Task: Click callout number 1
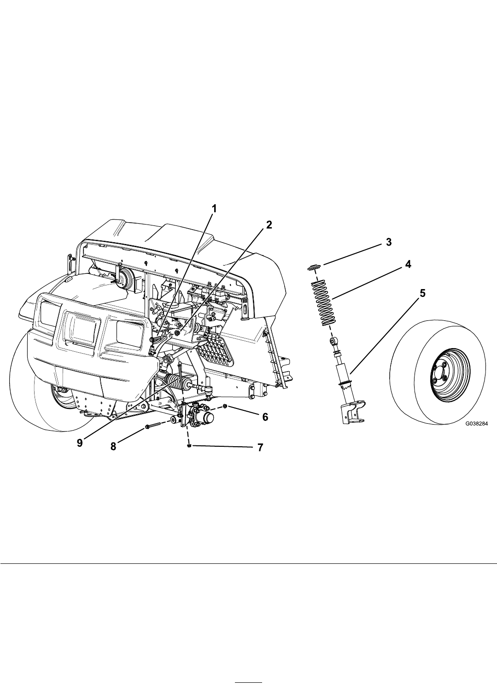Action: point(214,209)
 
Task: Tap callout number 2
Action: point(269,225)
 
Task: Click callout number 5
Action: point(422,293)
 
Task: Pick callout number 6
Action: point(265,417)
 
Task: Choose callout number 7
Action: point(260,448)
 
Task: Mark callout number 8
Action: point(113,447)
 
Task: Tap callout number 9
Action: point(80,443)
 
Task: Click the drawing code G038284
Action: point(477,424)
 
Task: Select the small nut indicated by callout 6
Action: point(225,406)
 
